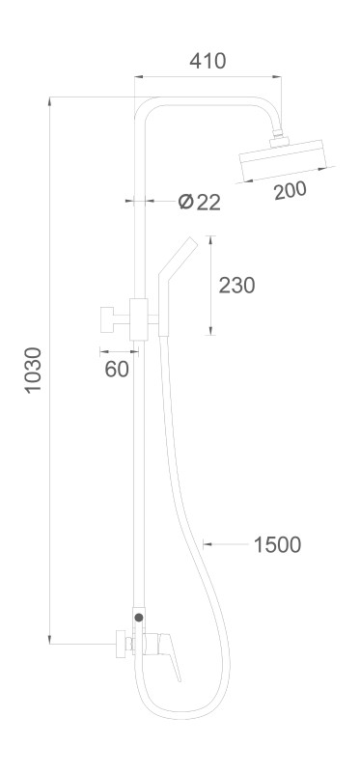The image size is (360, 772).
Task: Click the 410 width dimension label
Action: pyautogui.click(x=208, y=61)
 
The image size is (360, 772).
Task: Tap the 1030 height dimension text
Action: pyautogui.click(x=34, y=370)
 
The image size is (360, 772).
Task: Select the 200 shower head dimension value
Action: pyautogui.click(x=291, y=190)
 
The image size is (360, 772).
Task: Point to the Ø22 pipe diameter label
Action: pyautogui.click(x=200, y=202)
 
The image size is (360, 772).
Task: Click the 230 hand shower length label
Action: pyautogui.click(x=236, y=285)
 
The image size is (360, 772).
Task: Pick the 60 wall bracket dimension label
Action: pyautogui.click(x=117, y=369)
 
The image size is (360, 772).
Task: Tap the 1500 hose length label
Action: pyautogui.click(x=277, y=545)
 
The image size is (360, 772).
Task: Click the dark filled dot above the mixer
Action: pyautogui.click(x=139, y=617)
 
